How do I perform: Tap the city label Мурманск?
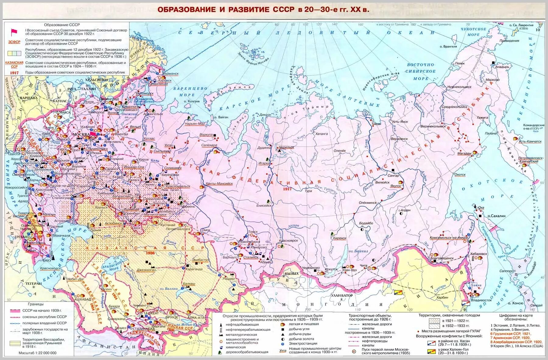pos(170,74)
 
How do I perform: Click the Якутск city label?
pos(395,186)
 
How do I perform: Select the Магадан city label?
pos(464,153)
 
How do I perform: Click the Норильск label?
pos(286,147)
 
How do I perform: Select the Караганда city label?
pos(194,269)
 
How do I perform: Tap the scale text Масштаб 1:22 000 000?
pos(37,353)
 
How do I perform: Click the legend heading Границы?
pos(36,304)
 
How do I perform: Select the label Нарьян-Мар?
pos(195,124)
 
